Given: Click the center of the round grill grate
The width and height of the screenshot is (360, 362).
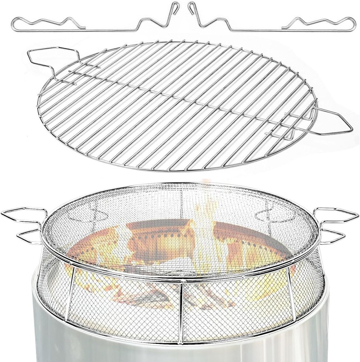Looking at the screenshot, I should coord(177,106).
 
